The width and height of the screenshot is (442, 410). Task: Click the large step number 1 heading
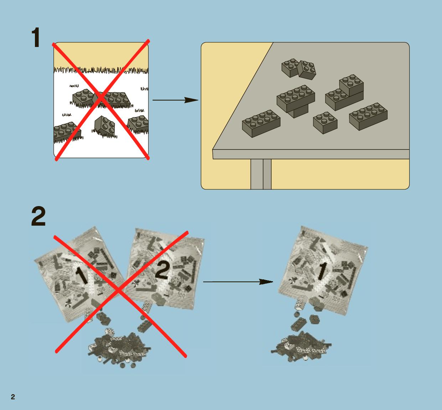click(36, 37)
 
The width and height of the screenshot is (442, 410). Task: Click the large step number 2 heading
click(38, 216)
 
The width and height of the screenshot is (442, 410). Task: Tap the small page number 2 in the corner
click(13, 397)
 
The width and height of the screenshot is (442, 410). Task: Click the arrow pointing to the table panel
click(175, 100)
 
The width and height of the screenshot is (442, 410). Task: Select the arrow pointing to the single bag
click(238, 282)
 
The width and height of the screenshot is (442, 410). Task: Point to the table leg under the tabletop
click(261, 174)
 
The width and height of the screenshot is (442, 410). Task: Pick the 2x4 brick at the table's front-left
click(261, 123)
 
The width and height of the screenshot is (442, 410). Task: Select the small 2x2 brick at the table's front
click(325, 123)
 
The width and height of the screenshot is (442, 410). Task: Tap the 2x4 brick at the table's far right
click(368, 116)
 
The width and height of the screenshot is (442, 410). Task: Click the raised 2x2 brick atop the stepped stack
click(351, 85)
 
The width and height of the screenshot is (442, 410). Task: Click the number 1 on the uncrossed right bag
click(322, 270)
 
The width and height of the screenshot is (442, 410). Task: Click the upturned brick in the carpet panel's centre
click(104, 126)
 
